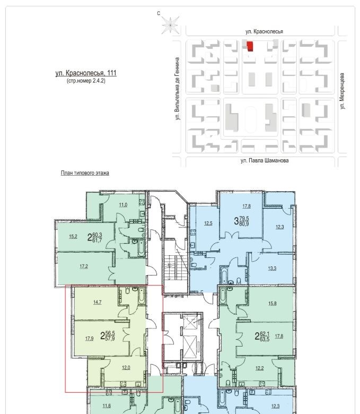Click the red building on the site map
pos(250,47)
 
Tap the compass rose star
pos(170,25)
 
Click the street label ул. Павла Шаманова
pos(265,160)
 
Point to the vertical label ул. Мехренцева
pos(342,91)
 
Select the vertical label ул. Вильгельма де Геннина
pos(178,89)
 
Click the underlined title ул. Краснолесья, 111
pos(86,73)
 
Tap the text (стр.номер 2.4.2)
pos(86,81)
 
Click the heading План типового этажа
pos(85,173)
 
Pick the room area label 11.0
pos(123,205)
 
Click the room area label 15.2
pos(73,237)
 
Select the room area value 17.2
pos(84,266)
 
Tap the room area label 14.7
pos(98,303)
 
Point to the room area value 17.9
pos(90,339)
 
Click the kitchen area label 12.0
pos(126,367)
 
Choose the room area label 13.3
pos(272,269)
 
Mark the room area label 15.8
pos(273,304)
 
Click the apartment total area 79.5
pos(244,219)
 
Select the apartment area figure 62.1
pos(265,334)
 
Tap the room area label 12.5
pos(208,223)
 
